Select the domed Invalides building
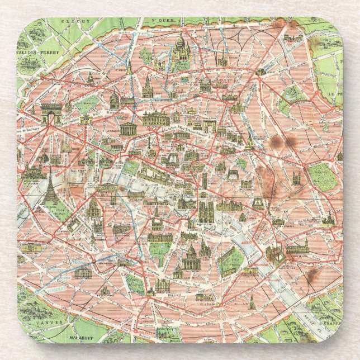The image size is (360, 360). click(93, 209)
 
